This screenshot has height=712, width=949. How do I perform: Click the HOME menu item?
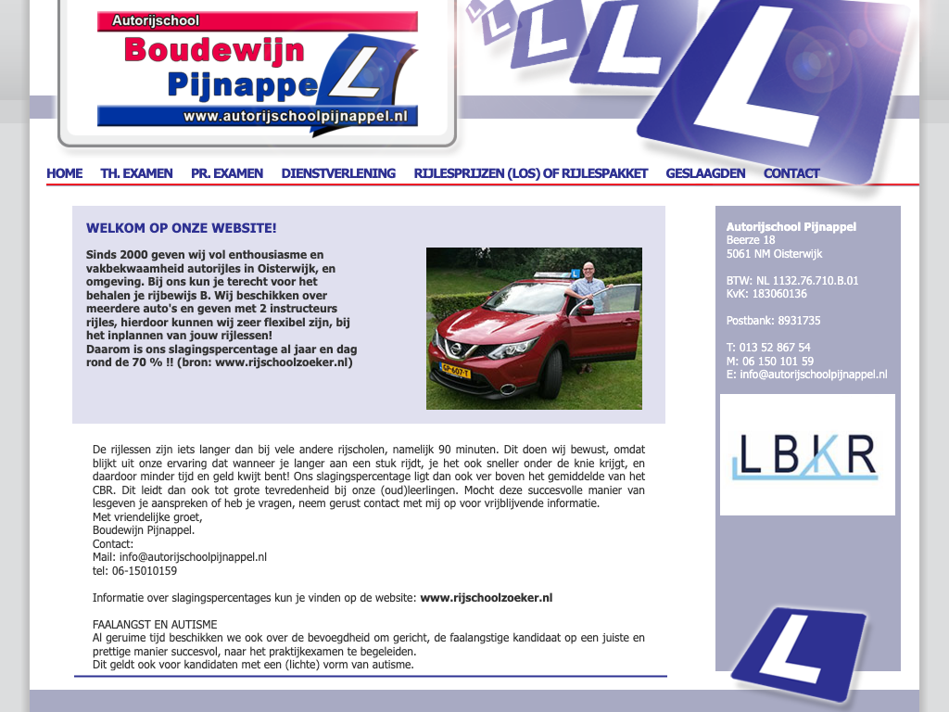pyautogui.click(x=64, y=173)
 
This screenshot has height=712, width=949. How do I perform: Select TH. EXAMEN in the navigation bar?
pyautogui.click(x=136, y=173)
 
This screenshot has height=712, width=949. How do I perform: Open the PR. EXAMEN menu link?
pyautogui.click(x=227, y=173)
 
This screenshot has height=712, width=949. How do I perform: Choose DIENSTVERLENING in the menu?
pyautogui.click(x=338, y=173)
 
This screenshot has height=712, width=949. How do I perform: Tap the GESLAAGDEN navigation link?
pyautogui.click(x=705, y=173)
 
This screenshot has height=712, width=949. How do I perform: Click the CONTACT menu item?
pyautogui.click(x=791, y=173)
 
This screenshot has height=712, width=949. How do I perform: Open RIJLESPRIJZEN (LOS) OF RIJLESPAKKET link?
pyautogui.click(x=530, y=173)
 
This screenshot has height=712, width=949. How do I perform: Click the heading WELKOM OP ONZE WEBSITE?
pyautogui.click(x=181, y=228)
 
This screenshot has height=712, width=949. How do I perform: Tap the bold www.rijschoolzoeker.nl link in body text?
pyautogui.click(x=486, y=598)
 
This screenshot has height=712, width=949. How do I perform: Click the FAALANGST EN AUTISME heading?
pyautogui.click(x=155, y=625)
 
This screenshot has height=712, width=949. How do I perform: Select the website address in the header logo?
pyautogui.click(x=296, y=117)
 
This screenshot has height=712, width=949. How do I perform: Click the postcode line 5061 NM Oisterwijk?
pyautogui.click(x=774, y=254)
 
